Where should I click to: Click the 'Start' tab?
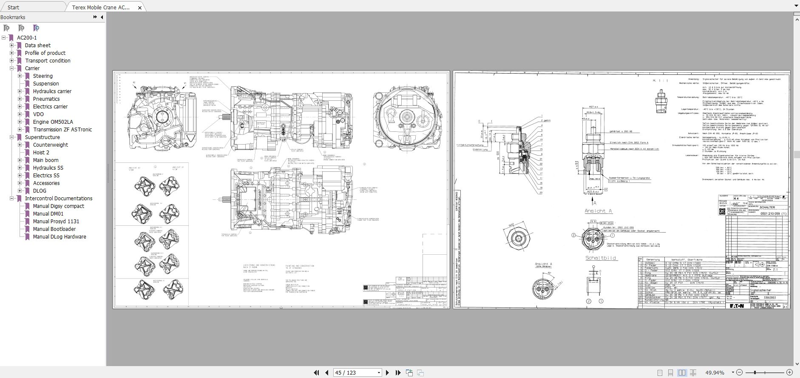tap(13, 7)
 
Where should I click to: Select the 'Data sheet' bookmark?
tap(37, 45)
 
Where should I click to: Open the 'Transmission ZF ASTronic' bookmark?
tap(62, 130)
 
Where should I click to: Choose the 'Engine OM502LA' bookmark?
tap(53, 122)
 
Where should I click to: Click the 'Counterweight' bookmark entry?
tap(50, 145)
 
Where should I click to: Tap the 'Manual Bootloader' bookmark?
tap(54, 229)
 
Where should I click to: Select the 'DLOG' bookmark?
tap(40, 191)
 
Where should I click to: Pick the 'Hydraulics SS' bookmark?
tap(48, 168)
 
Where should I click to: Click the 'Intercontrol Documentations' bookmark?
tap(58, 199)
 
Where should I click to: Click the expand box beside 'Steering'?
tap(20, 76)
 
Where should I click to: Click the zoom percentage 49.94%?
tap(715, 372)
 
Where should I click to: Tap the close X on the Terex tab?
tap(140, 7)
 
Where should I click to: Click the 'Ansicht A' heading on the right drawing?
tap(598, 211)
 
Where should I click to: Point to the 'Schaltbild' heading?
tap(600, 258)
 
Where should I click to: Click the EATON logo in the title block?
tap(737, 305)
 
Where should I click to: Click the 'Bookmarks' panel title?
tap(13, 17)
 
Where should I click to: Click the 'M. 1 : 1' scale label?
tap(661, 80)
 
